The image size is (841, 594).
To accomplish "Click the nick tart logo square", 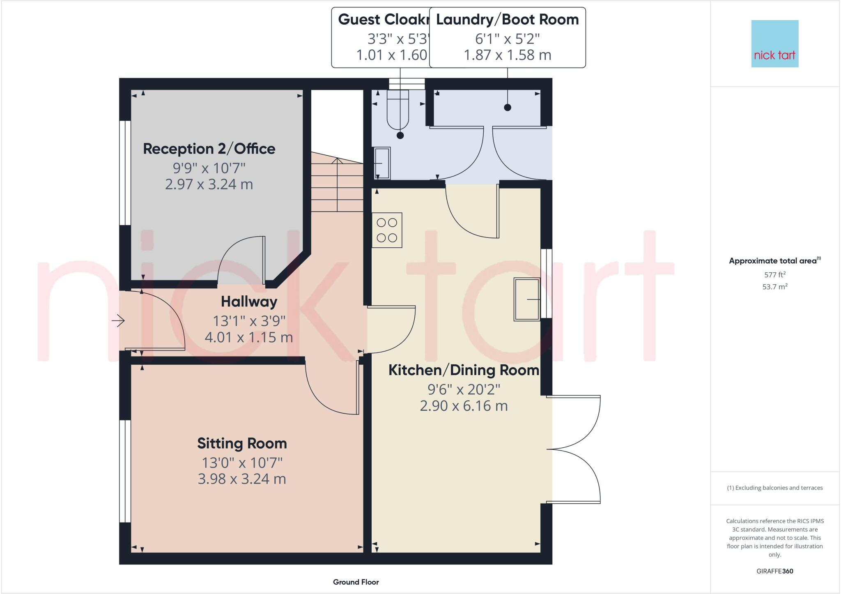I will pos(774,44).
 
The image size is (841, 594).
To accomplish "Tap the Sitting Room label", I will pos(242,444).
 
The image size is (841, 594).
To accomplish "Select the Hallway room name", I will pos(249,302).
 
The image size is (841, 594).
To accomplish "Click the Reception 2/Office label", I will pos(209,149).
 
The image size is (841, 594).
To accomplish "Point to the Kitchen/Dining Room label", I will pos(464,370).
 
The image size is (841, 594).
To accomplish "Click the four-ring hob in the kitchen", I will pos(387,230).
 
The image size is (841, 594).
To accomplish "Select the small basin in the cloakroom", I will pos(382,163).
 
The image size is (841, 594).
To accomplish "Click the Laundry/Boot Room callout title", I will pos(507,20).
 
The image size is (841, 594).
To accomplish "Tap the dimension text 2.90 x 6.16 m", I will pos(464,406).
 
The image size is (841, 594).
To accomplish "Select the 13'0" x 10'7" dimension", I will pos(242,463).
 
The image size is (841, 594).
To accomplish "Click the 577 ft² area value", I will pos(775,275).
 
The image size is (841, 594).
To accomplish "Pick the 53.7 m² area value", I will pos(775,287).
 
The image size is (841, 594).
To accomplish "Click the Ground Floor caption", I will pos(356,582).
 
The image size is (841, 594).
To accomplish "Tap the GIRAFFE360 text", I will pos(774,571).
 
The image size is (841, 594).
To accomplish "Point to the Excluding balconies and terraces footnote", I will pos(774,488).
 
